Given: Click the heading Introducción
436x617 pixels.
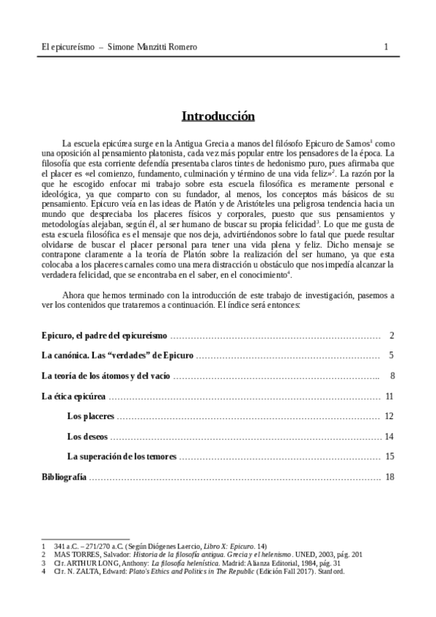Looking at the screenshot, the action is [218, 116].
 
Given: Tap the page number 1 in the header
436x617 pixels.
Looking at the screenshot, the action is [386, 47].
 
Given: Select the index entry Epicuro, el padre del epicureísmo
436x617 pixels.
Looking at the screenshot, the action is [104, 335].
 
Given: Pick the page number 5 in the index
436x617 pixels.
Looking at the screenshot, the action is [391, 356].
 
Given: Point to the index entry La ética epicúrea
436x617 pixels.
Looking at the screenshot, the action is [74, 397].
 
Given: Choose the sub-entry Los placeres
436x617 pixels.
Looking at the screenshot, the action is [91, 416].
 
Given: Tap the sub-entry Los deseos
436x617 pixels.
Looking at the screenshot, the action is [87, 437].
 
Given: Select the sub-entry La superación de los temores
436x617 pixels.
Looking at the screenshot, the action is [122, 456].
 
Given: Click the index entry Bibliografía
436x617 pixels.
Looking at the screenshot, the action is [64, 477].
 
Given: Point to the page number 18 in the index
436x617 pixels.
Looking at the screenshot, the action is [389, 477].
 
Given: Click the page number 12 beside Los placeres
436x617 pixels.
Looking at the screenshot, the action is [389, 416].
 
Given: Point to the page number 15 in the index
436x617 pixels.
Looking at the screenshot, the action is [389, 456].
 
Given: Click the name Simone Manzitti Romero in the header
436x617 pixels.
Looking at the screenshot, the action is [152, 47].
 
